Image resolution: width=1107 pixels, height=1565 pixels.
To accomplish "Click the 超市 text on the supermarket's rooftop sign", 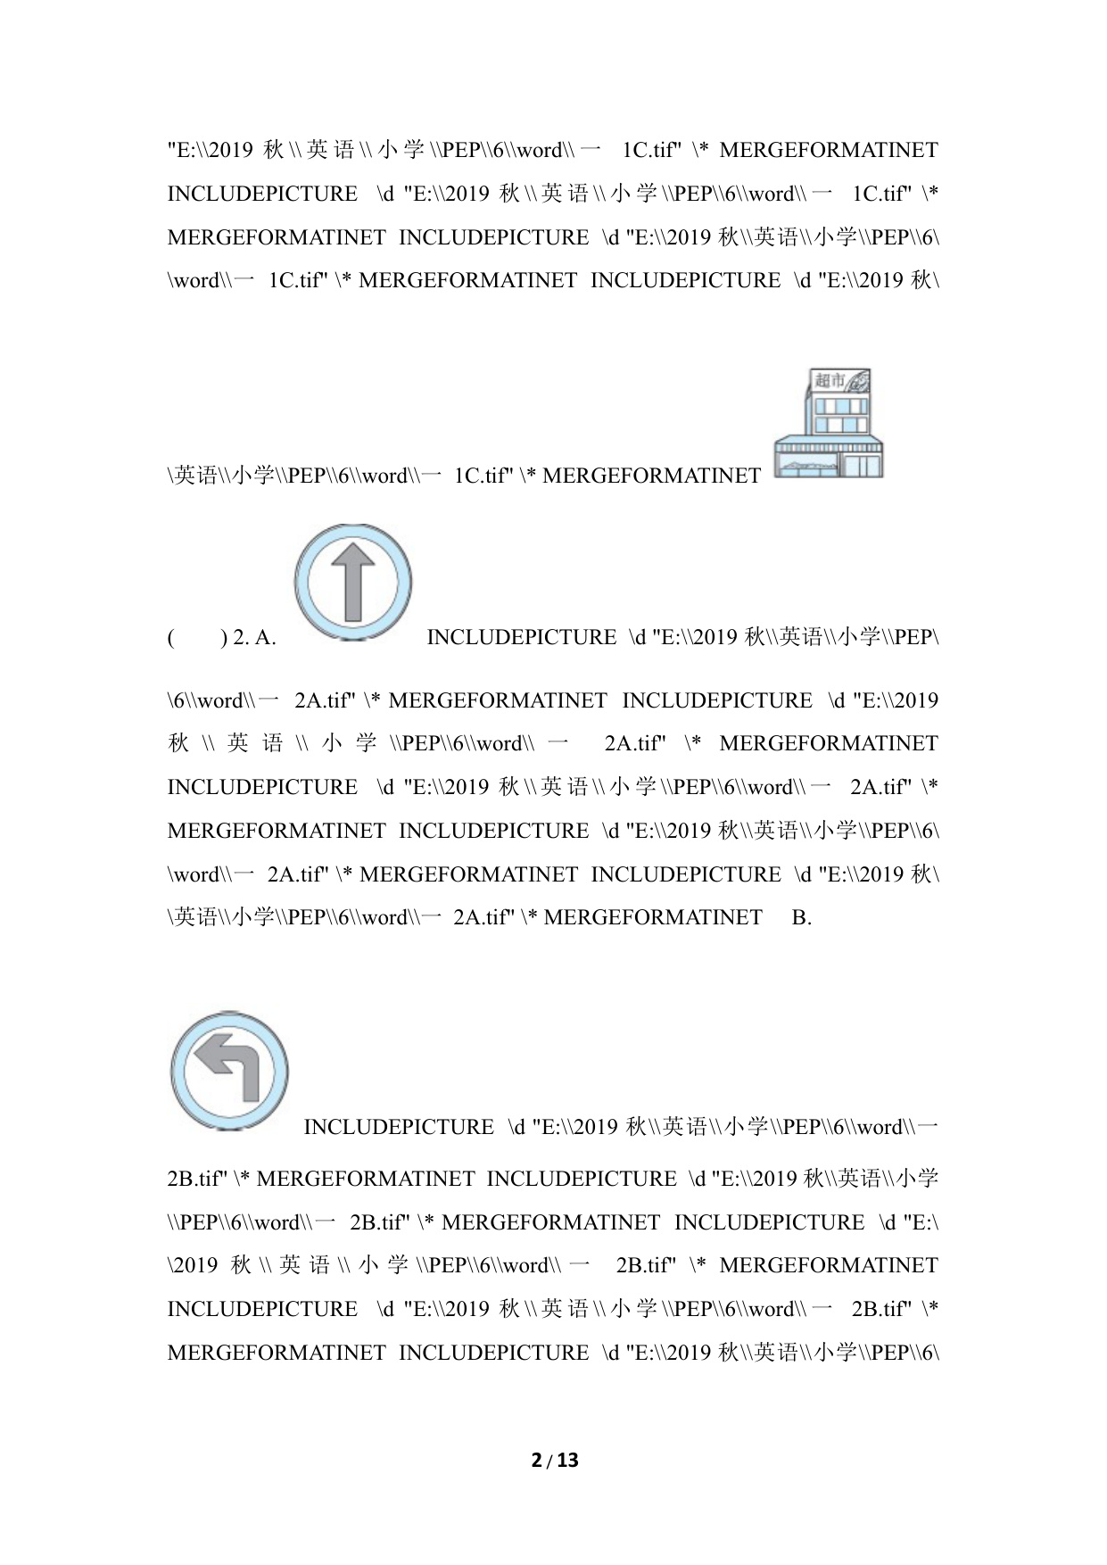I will pyautogui.click(x=830, y=381).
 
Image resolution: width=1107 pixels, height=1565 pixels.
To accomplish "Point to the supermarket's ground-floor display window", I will pyautogui.click(x=807, y=465).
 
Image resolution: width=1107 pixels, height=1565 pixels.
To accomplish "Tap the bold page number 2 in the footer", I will pyautogui.click(x=536, y=1461).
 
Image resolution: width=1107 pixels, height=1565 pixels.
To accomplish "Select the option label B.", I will pyautogui.click(x=802, y=918).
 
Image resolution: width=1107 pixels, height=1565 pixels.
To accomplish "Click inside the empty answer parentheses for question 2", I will pyautogui.click(x=196, y=638).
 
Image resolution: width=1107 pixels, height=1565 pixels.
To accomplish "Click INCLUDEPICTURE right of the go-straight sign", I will pyautogui.click(x=521, y=638).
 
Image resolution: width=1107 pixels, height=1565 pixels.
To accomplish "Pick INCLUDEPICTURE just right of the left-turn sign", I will pyautogui.click(x=398, y=1128).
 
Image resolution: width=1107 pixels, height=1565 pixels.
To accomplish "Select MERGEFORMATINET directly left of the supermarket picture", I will pyautogui.click(x=651, y=476).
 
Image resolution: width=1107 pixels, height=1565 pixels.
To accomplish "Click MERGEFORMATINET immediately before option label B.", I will pyautogui.click(x=652, y=918).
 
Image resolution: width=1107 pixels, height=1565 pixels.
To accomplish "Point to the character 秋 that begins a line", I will pyautogui.click(x=178, y=744).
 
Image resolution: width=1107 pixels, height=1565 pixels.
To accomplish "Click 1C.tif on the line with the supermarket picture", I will pyautogui.click(x=483, y=476).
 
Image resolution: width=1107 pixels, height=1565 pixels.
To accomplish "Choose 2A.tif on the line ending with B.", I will pyautogui.click(x=483, y=918).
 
